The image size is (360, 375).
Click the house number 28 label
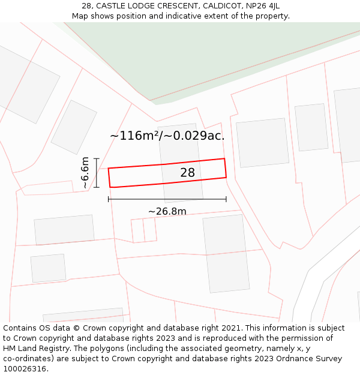pyautogui.click(x=187, y=173)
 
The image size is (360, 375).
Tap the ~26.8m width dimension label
pyautogui.click(x=167, y=211)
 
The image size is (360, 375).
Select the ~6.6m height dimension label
pyautogui.click(x=85, y=173)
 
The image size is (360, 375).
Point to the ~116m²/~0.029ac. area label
pyautogui.click(x=167, y=136)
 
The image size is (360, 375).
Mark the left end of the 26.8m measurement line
pyautogui.click(x=109, y=199)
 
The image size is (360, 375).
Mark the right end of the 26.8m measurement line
pyautogui.click(x=226, y=199)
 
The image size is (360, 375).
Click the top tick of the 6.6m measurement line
pyautogui.click(x=97, y=158)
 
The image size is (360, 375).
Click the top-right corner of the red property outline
pyautogui.click(x=224, y=159)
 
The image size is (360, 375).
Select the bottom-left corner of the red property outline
pyautogui.click(x=110, y=187)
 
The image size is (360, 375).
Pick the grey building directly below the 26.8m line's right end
pyautogui.click(x=226, y=252)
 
